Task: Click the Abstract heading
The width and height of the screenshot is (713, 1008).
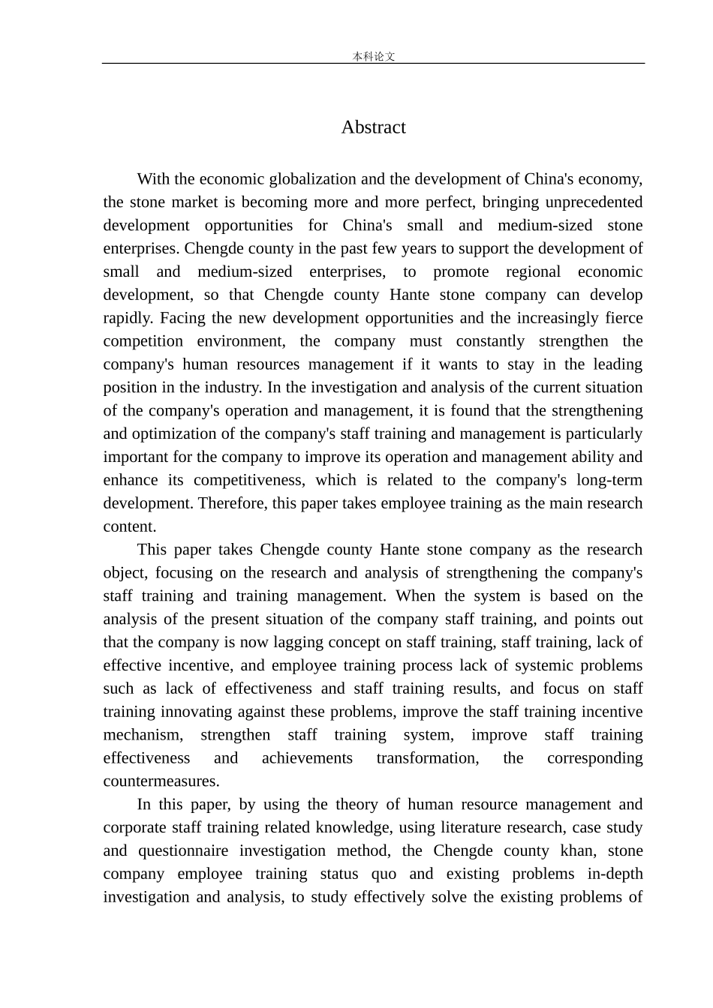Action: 373,127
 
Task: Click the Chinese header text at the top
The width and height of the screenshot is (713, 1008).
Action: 373,56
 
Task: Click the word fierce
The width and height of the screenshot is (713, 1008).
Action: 624,318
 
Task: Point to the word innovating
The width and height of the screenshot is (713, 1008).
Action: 194,712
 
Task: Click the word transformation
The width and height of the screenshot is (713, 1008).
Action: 427,759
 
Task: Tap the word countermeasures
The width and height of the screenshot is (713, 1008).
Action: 161,782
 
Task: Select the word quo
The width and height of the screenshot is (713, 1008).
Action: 382,874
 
